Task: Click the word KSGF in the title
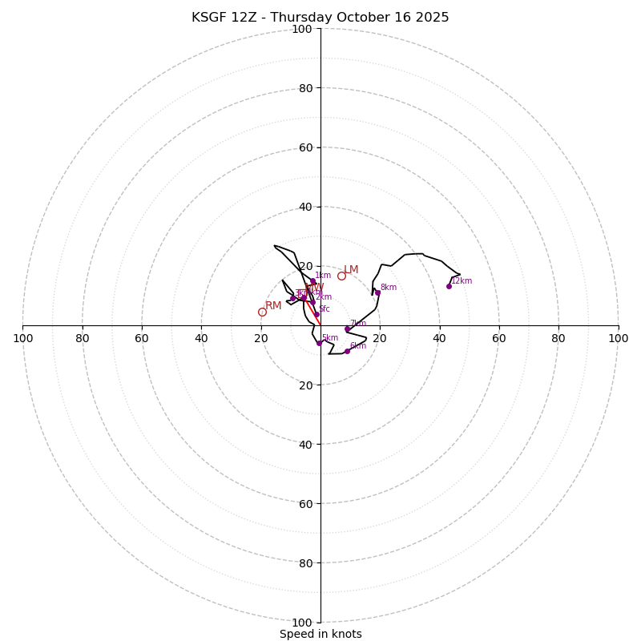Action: (208, 18)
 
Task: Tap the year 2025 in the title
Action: (431, 18)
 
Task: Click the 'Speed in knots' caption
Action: (320, 634)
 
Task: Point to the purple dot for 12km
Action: (449, 286)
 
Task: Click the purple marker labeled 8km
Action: (377, 292)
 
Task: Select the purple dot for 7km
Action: (347, 329)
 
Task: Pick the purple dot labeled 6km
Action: (347, 351)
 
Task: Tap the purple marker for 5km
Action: (319, 343)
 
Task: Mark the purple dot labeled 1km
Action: (312, 281)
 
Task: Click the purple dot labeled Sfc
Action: (316, 314)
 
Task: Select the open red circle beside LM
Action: (341, 276)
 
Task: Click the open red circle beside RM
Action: (262, 312)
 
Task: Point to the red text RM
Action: (273, 305)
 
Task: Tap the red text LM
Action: (351, 270)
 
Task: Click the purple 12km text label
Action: (462, 281)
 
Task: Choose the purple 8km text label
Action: (389, 288)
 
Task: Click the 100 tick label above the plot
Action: (302, 29)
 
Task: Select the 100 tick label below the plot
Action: (302, 622)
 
